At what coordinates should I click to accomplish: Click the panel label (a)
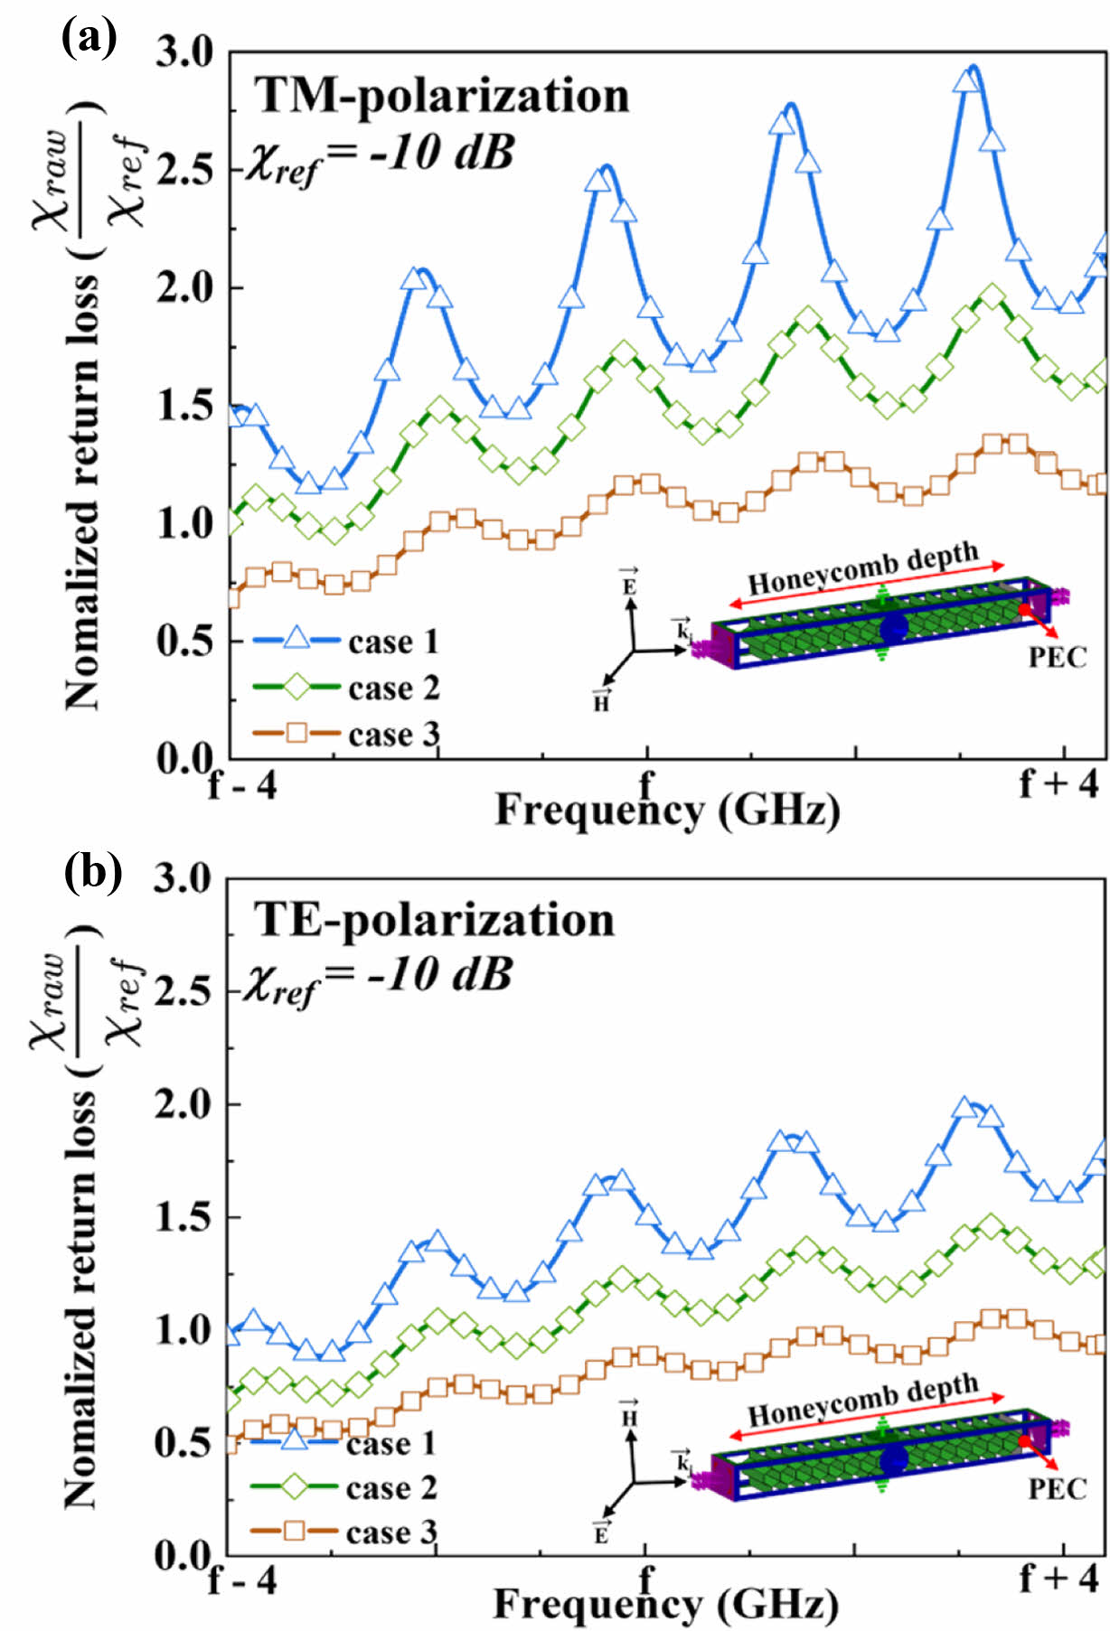[x=89, y=39]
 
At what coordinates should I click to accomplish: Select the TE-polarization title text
[x=434, y=921]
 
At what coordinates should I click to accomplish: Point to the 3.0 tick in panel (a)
[x=185, y=53]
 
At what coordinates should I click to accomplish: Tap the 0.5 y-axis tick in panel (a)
[x=185, y=642]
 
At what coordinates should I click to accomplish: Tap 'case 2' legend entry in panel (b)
[x=390, y=1487]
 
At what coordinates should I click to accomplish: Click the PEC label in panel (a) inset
[x=1058, y=657]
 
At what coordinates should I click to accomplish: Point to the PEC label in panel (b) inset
[x=1058, y=1488]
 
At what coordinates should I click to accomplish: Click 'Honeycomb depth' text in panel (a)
[x=863, y=568]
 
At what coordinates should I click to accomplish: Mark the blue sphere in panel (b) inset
[x=893, y=1459]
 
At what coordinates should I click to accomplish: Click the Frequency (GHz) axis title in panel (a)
[x=667, y=810]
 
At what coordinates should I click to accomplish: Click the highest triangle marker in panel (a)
[x=966, y=80]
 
